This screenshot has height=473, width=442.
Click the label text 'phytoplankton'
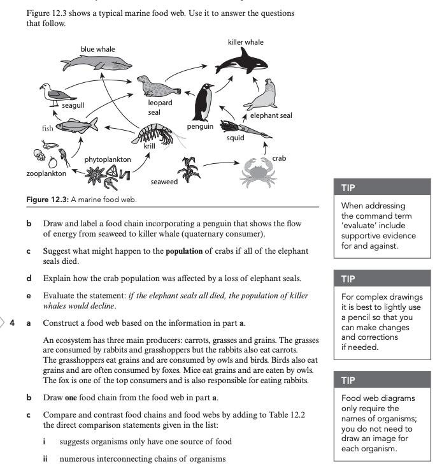coord(108,159)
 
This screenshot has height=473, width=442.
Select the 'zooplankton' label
coord(46,173)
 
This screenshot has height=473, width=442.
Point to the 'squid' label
coord(235,137)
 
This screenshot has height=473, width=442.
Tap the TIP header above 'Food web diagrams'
coord(348,380)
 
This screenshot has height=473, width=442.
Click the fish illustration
coord(76,124)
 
